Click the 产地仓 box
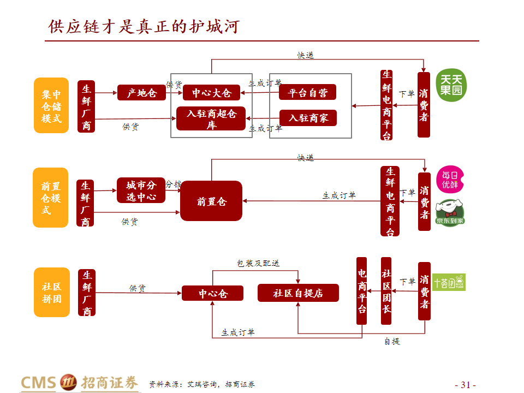[x=141, y=93]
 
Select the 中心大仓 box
[x=211, y=93]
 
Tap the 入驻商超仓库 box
[x=211, y=118]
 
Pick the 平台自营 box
[x=307, y=92]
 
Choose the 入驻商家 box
[x=307, y=118]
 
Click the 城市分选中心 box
[x=141, y=190]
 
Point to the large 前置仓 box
[x=211, y=201]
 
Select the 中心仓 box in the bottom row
[x=212, y=294]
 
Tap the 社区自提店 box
[x=298, y=293]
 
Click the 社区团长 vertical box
[x=386, y=290]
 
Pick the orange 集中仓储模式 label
[x=51, y=105]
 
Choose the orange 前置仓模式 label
[x=51, y=198]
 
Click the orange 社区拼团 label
[x=51, y=292]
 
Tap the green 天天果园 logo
[x=451, y=86]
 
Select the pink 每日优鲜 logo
[x=450, y=179]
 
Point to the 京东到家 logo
[x=450, y=213]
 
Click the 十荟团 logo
[x=449, y=282]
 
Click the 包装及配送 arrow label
[x=258, y=263]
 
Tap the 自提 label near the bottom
[x=391, y=341]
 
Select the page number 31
[x=466, y=384]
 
